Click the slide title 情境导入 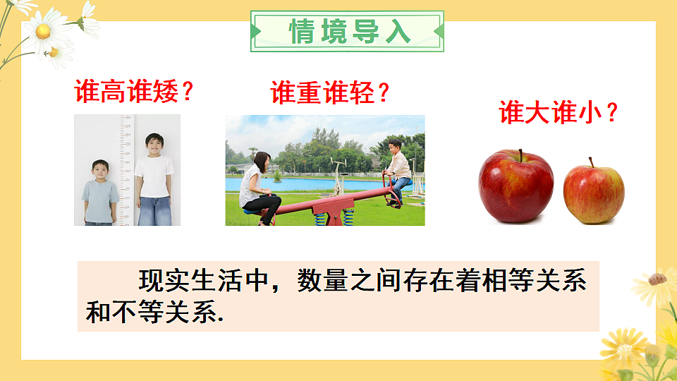click(348, 31)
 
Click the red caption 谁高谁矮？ click(135, 92)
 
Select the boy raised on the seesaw click(398, 169)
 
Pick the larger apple click(516, 187)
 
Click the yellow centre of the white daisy click(44, 31)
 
